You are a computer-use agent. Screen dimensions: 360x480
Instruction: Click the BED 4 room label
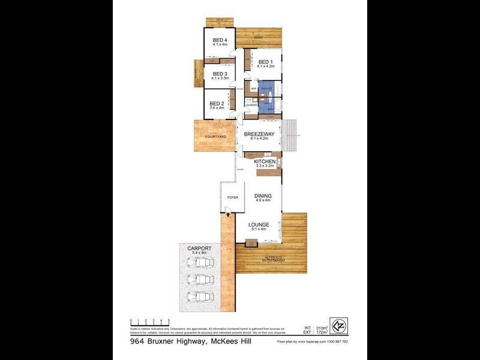[x=220, y=40]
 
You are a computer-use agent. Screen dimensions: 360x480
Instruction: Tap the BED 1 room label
[x=265, y=62]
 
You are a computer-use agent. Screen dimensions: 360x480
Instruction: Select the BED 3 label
[x=220, y=74]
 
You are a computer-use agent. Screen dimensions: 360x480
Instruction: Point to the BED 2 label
[x=217, y=103]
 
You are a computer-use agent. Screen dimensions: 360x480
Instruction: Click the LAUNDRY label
[x=251, y=105]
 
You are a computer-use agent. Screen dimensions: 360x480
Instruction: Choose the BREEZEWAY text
[x=259, y=134]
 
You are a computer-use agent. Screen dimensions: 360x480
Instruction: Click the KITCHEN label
[x=265, y=162]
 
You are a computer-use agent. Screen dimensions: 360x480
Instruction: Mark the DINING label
[x=263, y=196]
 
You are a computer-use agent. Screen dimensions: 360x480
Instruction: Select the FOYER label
[x=232, y=197]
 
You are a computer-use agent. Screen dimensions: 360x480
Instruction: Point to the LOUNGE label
[x=260, y=225]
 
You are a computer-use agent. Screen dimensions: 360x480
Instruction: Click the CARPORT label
[x=198, y=248]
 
